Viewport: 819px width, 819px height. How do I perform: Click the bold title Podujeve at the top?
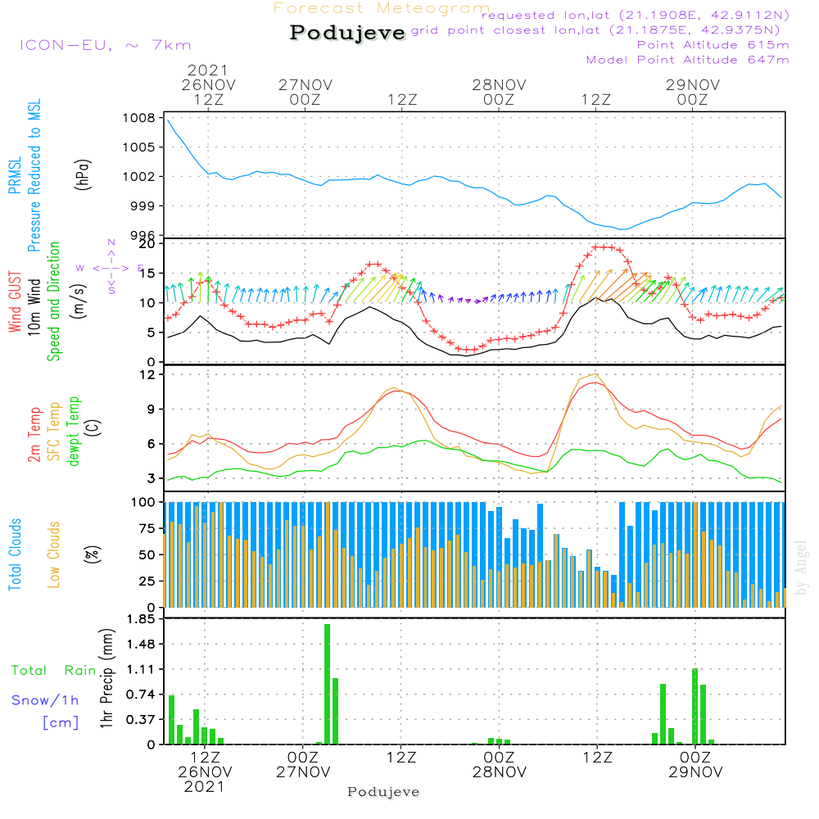click(x=348, y=34)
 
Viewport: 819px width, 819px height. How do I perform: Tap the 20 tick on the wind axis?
click(x=148, y=244)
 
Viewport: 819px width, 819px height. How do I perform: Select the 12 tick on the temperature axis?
click(x=148, y=374)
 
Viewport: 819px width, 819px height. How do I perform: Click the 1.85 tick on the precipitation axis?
click(x=140, y=619)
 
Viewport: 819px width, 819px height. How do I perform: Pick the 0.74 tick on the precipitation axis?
click(x=140, y=695)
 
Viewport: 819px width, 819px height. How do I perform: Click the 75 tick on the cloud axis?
click(x=148, y=528)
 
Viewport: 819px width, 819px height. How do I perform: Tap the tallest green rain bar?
click(x=327, y=684)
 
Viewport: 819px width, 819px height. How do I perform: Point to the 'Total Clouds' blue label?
click(x=16, y=554)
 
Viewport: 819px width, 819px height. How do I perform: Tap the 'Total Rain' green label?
click(x=53, y=671)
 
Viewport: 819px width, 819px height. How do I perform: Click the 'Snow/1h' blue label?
click(x=45, y=701)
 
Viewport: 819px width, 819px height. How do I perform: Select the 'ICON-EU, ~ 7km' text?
click(x=105, y=45)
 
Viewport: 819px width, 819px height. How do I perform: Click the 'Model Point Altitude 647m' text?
click(x=688, y=60)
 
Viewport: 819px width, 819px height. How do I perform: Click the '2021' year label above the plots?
click(x=208, y=70)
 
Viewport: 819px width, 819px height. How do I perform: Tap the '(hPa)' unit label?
click(x=83, y=174)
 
